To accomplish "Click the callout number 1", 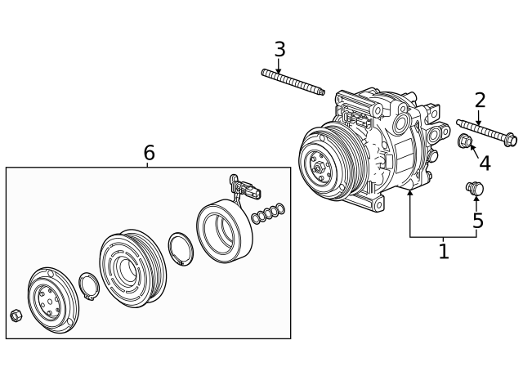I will coord(444,251).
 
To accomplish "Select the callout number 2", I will coord(480,101).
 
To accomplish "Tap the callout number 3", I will coord(279,49).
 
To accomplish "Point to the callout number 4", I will coord(485,163).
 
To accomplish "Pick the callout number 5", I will coord(477,221).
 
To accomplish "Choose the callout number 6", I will coord(149,153).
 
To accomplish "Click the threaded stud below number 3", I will coord(294,83).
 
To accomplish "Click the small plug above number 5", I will coord(475,189).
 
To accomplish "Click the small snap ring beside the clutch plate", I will coord(88,288).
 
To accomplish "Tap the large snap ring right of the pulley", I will coord(180,248).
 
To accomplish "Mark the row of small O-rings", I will coord(269,213).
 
